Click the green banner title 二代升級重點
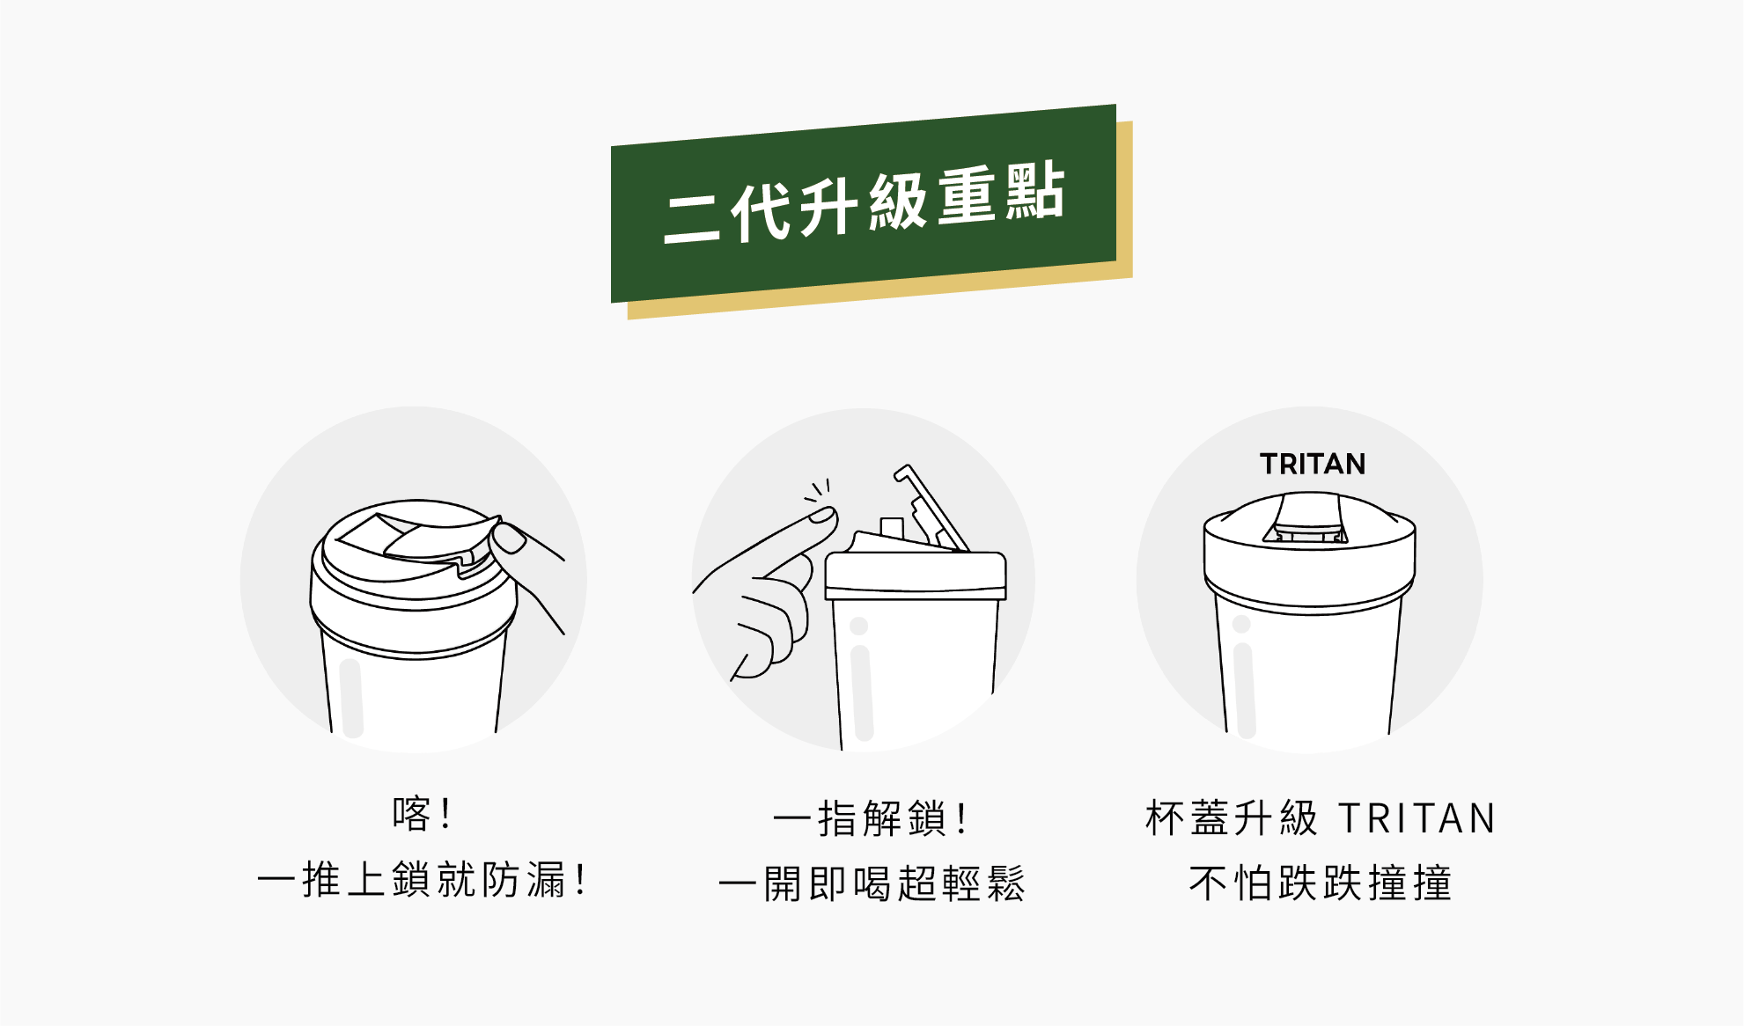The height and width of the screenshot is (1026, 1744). (x=865, y=203)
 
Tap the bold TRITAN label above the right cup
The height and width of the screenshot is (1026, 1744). (x=1313, y=464)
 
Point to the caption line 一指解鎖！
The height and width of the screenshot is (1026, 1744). (x=870, y=818)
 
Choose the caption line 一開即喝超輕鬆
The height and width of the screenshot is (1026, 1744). (x=872, y=883)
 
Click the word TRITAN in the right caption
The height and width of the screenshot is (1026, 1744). (x=1417, y=818)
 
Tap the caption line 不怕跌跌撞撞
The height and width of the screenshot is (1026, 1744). (x=1321, y=883)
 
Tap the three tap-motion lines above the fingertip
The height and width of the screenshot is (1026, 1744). (x=817, y=490)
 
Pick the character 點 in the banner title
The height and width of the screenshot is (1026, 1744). (x=1035, y=192)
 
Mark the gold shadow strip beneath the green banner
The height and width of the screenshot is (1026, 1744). (x=880, y=290)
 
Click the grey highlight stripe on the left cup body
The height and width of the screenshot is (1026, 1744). (x=351, y=698)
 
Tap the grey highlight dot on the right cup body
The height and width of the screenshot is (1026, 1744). (x=1241, y=624)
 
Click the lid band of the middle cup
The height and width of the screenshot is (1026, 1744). (x=915, y=577)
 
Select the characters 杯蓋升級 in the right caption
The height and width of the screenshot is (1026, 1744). (x=1232, y=818)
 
